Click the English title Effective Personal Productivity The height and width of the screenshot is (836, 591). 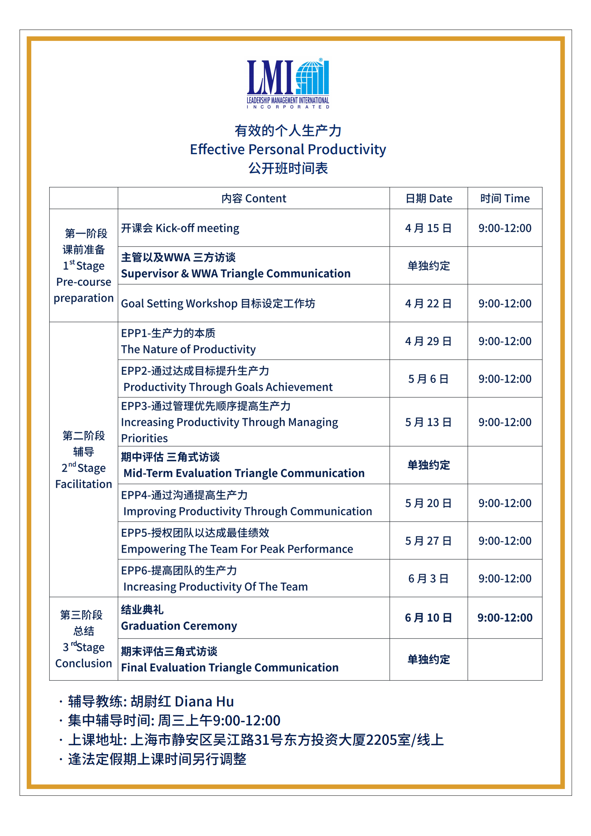point(288,149)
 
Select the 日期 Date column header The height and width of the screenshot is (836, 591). point(429,198)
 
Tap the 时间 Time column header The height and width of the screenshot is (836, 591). point(505,198)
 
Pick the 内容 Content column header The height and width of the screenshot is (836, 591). point(253,198)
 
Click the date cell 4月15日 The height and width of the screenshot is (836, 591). point(429,228)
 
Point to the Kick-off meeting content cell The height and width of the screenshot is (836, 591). point(180,228)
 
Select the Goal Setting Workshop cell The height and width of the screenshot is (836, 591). point(218,303)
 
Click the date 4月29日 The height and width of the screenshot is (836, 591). point(429,341)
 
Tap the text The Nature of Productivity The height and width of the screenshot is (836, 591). point(188,349)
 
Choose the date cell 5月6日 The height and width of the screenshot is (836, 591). point(429,379)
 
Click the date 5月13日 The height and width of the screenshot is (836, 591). point(429,422)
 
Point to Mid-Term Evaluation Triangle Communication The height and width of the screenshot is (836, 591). point(244,473)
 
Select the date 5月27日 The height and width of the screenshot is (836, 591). point(429,541)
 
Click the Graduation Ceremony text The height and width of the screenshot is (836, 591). point(179,626)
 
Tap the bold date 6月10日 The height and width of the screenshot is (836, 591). point(429,618)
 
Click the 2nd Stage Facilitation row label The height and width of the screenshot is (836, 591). point(83,460)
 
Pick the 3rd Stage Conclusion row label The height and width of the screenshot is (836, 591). point(83,639)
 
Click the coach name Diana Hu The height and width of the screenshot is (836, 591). point(204,702)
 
